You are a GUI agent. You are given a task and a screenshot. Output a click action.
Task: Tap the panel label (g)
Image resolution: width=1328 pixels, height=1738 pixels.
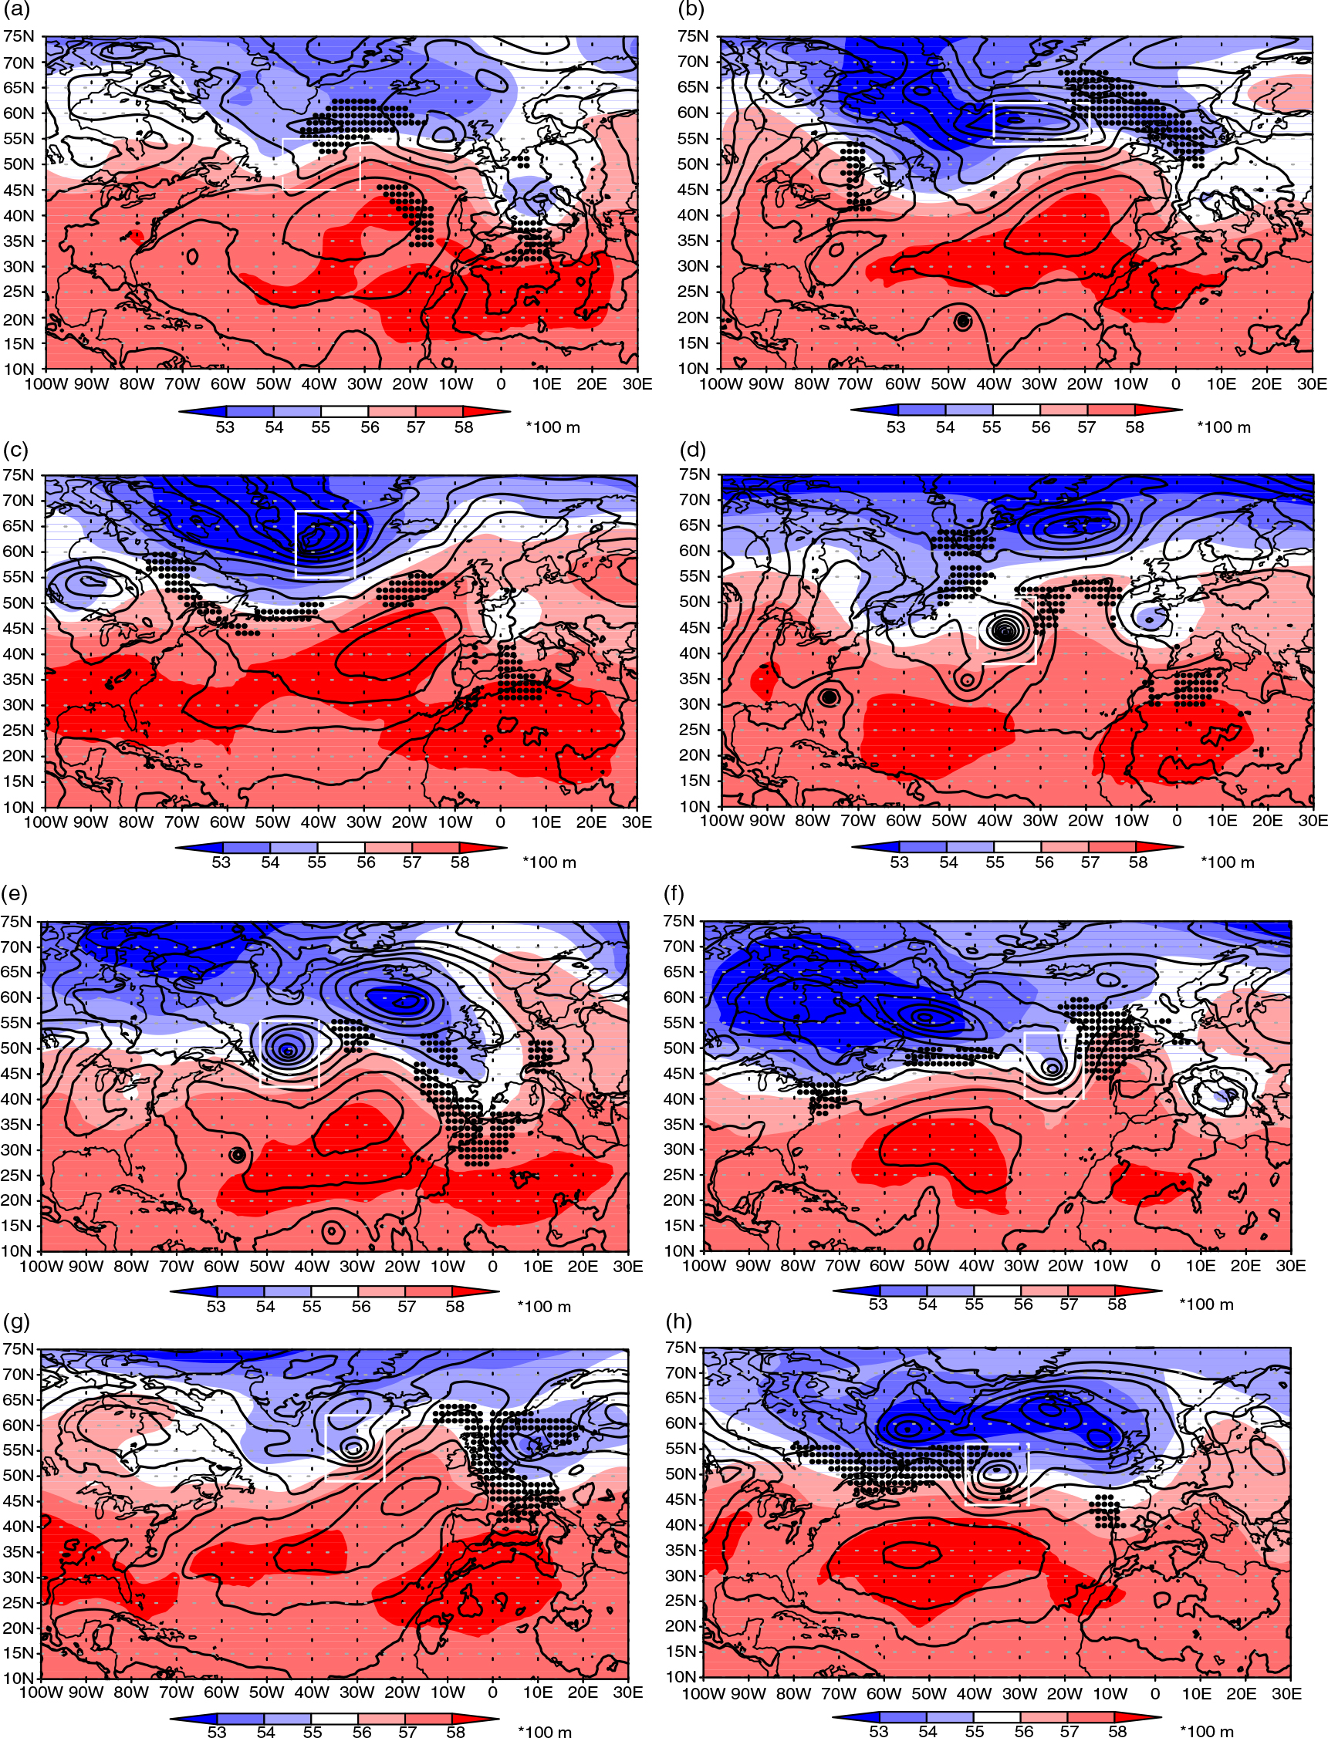[15, 1321]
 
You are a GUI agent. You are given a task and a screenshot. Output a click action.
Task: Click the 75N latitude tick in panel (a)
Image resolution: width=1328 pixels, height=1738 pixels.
[19, 36]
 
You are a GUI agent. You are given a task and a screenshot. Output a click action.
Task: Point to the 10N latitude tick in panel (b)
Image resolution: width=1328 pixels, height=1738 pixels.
[692, 368]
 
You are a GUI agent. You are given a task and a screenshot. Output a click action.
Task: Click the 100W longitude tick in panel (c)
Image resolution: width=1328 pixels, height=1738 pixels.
[46, 822]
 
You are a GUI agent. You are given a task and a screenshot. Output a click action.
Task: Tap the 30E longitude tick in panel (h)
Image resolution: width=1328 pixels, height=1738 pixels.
[1286, 1693]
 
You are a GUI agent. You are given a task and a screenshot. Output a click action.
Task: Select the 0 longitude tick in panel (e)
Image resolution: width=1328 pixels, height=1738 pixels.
[492, 1266]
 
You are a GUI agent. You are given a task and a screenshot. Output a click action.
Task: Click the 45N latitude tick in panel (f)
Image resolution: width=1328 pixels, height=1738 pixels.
[679, 1073]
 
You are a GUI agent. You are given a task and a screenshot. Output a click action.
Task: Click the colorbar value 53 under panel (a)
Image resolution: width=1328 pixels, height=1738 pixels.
[225, 427]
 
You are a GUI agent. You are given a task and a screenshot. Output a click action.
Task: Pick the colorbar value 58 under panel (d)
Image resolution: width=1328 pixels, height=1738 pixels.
[1137, 862]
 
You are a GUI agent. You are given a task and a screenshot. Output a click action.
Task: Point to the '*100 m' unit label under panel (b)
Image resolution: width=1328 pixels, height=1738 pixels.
[1224, 427]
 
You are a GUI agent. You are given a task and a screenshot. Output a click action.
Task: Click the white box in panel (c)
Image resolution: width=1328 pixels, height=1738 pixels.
[296, 545]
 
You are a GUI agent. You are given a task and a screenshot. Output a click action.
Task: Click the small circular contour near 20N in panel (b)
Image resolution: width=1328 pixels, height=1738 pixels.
[962, 321]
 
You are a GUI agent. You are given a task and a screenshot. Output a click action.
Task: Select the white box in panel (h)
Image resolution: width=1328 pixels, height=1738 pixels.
[965, 1474]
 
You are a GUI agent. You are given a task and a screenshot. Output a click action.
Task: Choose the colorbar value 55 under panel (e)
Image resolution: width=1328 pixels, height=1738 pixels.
[312, 1307]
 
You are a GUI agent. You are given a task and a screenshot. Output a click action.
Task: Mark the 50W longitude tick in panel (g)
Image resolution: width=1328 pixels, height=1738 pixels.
[266, 1692]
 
